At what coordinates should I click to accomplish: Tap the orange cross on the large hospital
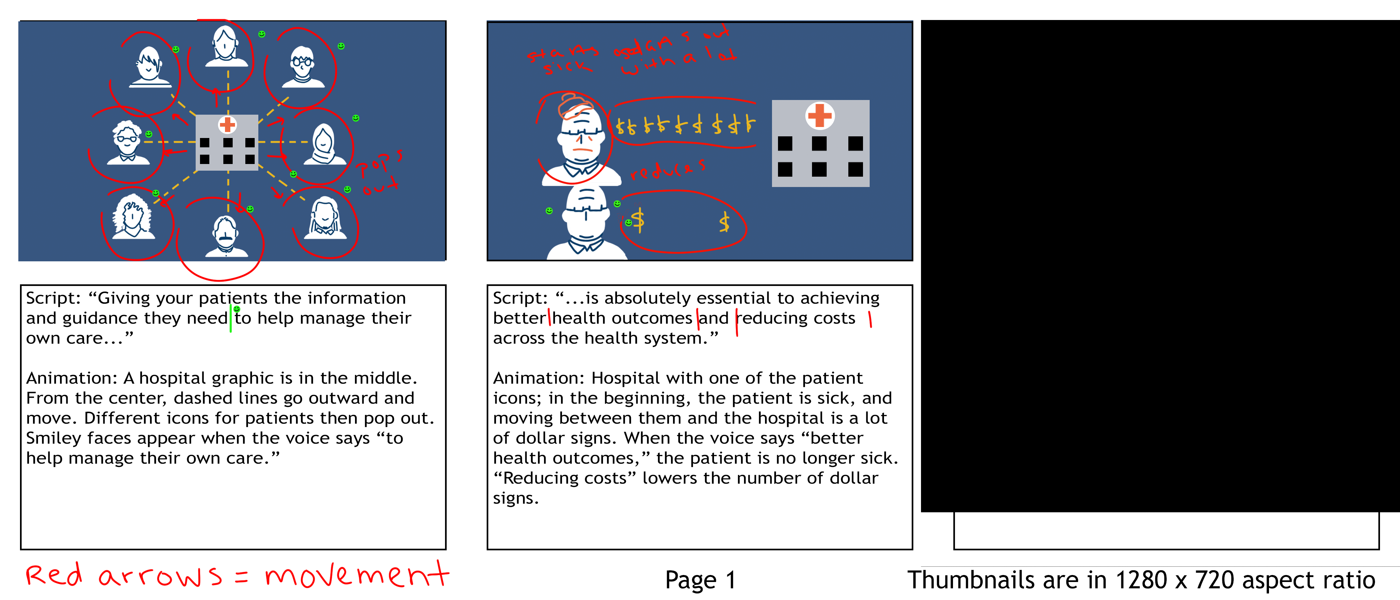coord(820,115)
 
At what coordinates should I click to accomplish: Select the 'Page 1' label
coord(700,580)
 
